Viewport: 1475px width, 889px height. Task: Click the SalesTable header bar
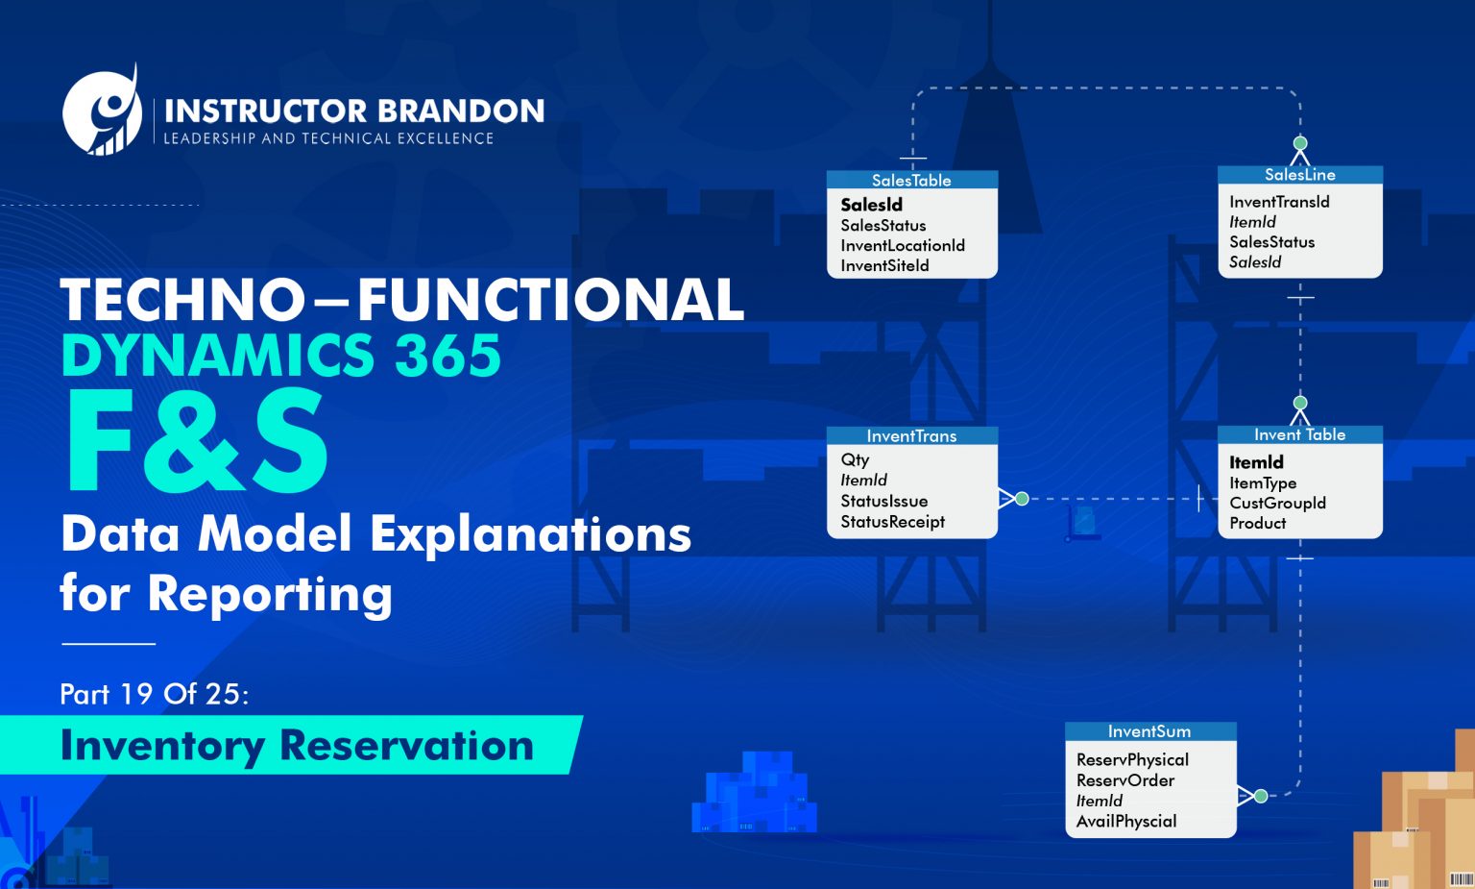911,180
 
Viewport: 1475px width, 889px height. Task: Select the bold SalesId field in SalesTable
871,205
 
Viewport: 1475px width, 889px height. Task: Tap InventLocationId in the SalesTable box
902,245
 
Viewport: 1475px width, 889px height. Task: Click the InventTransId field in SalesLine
1278,202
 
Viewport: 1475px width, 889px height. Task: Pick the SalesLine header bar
1299,175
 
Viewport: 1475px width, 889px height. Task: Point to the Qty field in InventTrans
855,459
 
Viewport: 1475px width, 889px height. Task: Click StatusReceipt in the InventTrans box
892,522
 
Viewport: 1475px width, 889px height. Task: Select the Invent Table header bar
1299,434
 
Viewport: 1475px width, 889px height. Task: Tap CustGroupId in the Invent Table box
1277,503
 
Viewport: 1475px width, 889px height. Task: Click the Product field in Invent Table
1257,523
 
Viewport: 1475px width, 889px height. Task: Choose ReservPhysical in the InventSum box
1132,759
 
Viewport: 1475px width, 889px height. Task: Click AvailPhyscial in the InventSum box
1125,821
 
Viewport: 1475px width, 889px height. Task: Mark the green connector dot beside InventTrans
1022,499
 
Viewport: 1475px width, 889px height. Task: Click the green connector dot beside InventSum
1261,796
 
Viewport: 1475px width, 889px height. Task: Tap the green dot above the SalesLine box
1300,143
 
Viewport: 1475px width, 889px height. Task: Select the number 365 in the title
447,356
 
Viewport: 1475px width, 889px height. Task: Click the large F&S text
197,443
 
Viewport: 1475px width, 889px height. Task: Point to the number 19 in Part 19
135,694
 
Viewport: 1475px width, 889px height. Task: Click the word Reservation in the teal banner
406,746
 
